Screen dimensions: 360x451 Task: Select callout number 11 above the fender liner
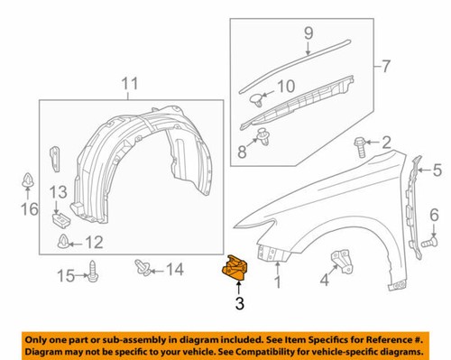coord(130,86)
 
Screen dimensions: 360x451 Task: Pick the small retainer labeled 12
coord(67,241)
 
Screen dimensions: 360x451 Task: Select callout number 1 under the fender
coord(278,282)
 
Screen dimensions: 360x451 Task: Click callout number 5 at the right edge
coord(437,169)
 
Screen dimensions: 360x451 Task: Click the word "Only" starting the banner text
coord(40,337)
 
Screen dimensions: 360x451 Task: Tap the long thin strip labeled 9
coord(298,61)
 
